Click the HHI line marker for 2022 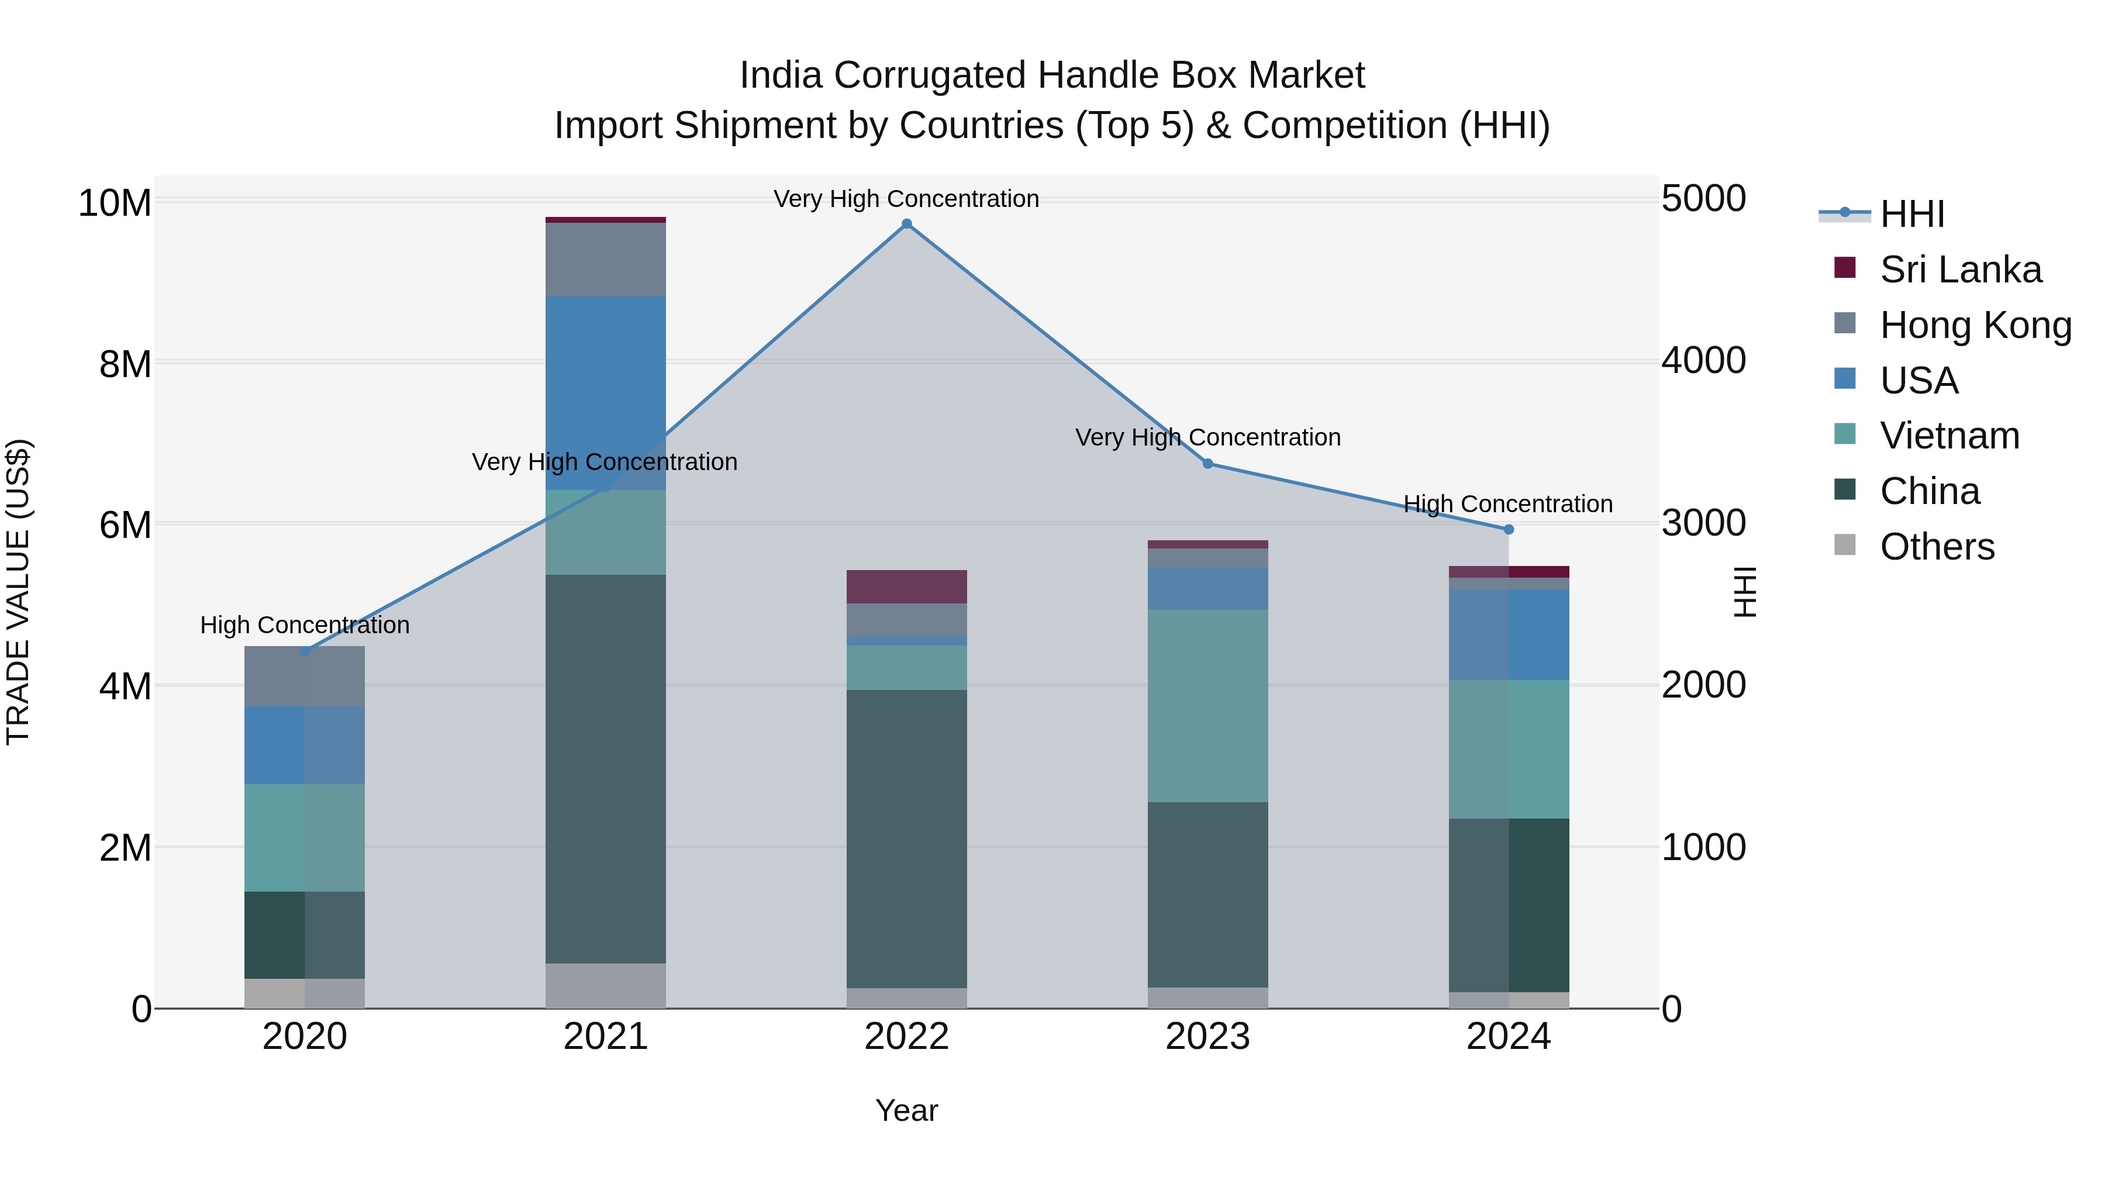(x=906, y=224)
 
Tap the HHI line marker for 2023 (x=1208, y=464)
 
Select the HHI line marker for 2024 (x=1509, y=530)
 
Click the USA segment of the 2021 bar (x=606, y=392)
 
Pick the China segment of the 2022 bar (x=906, y=838)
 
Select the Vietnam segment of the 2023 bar (x=1208, y=706)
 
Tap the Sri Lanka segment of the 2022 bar (x=906, y=586)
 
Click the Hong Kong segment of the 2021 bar (x=606, y=260)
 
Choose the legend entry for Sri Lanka (x=1959, y=270)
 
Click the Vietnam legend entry (x=1949, y=436)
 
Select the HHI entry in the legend (x=1911, y=214)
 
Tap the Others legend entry (x=1937, y=547)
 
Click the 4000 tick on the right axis (x=1704, y=360)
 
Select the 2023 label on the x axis (x=1208, y=1037)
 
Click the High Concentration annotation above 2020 (x=305, y=625)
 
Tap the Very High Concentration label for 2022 (x=906, y=199)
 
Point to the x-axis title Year (x=906, y=1110)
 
